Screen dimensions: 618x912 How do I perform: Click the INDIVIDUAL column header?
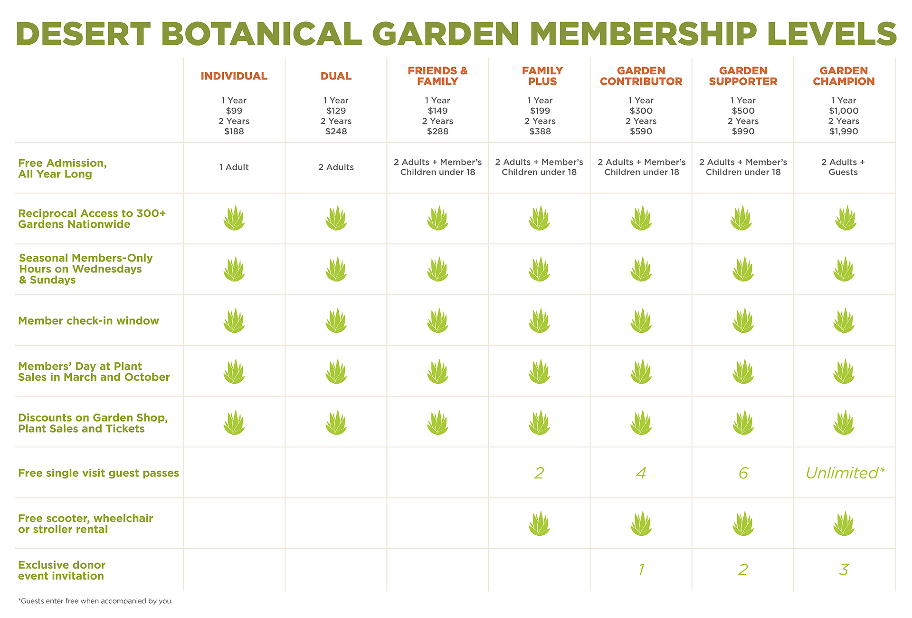[x=234, y=76]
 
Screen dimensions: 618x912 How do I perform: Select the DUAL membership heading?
[x=336, y=76]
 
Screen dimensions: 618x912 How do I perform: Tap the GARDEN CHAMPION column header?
[x=844, y=76]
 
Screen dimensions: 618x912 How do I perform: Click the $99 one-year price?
[x=234, y=111]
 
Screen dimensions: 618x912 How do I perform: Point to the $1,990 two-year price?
[x=844, y=131]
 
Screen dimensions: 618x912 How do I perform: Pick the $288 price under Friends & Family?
[x=437, y=131]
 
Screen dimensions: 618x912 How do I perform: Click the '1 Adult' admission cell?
[x=234, y=167]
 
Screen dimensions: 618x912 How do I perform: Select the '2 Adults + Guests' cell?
[x=843, y=167]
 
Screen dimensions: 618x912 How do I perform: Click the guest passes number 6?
[x=743, y=473]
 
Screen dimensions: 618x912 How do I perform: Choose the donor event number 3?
[x=844, y=570]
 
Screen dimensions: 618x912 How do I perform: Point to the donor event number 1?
[x=641, y=570]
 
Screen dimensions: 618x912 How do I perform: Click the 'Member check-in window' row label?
[x=88, y=321]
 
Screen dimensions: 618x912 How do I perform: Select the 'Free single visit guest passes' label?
[x=98, y=473]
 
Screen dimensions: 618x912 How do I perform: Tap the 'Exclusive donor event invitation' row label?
[x=62, y=570]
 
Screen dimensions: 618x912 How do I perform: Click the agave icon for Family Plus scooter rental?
[x=539, y=524]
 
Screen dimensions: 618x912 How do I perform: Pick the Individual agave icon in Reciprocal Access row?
[x=234, y=218]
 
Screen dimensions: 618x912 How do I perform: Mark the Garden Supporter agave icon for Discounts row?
[x=743, y=423]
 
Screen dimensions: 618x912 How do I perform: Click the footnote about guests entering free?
[x=95, y=601]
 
